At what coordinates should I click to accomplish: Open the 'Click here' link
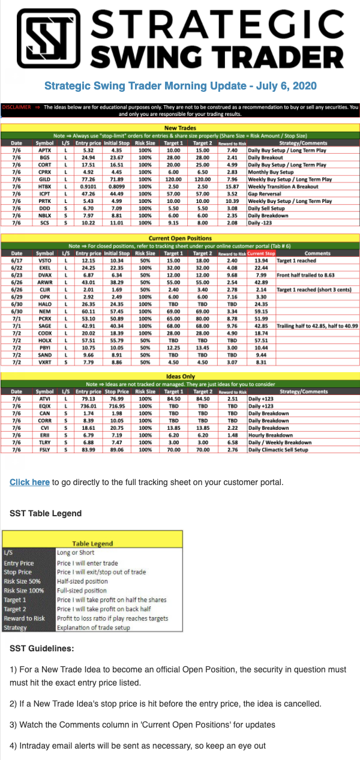29,482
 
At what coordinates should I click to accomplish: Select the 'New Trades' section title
180,128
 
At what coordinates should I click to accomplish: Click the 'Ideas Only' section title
180,376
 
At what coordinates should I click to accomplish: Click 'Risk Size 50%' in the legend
22,582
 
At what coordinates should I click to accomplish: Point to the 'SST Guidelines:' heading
42,648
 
